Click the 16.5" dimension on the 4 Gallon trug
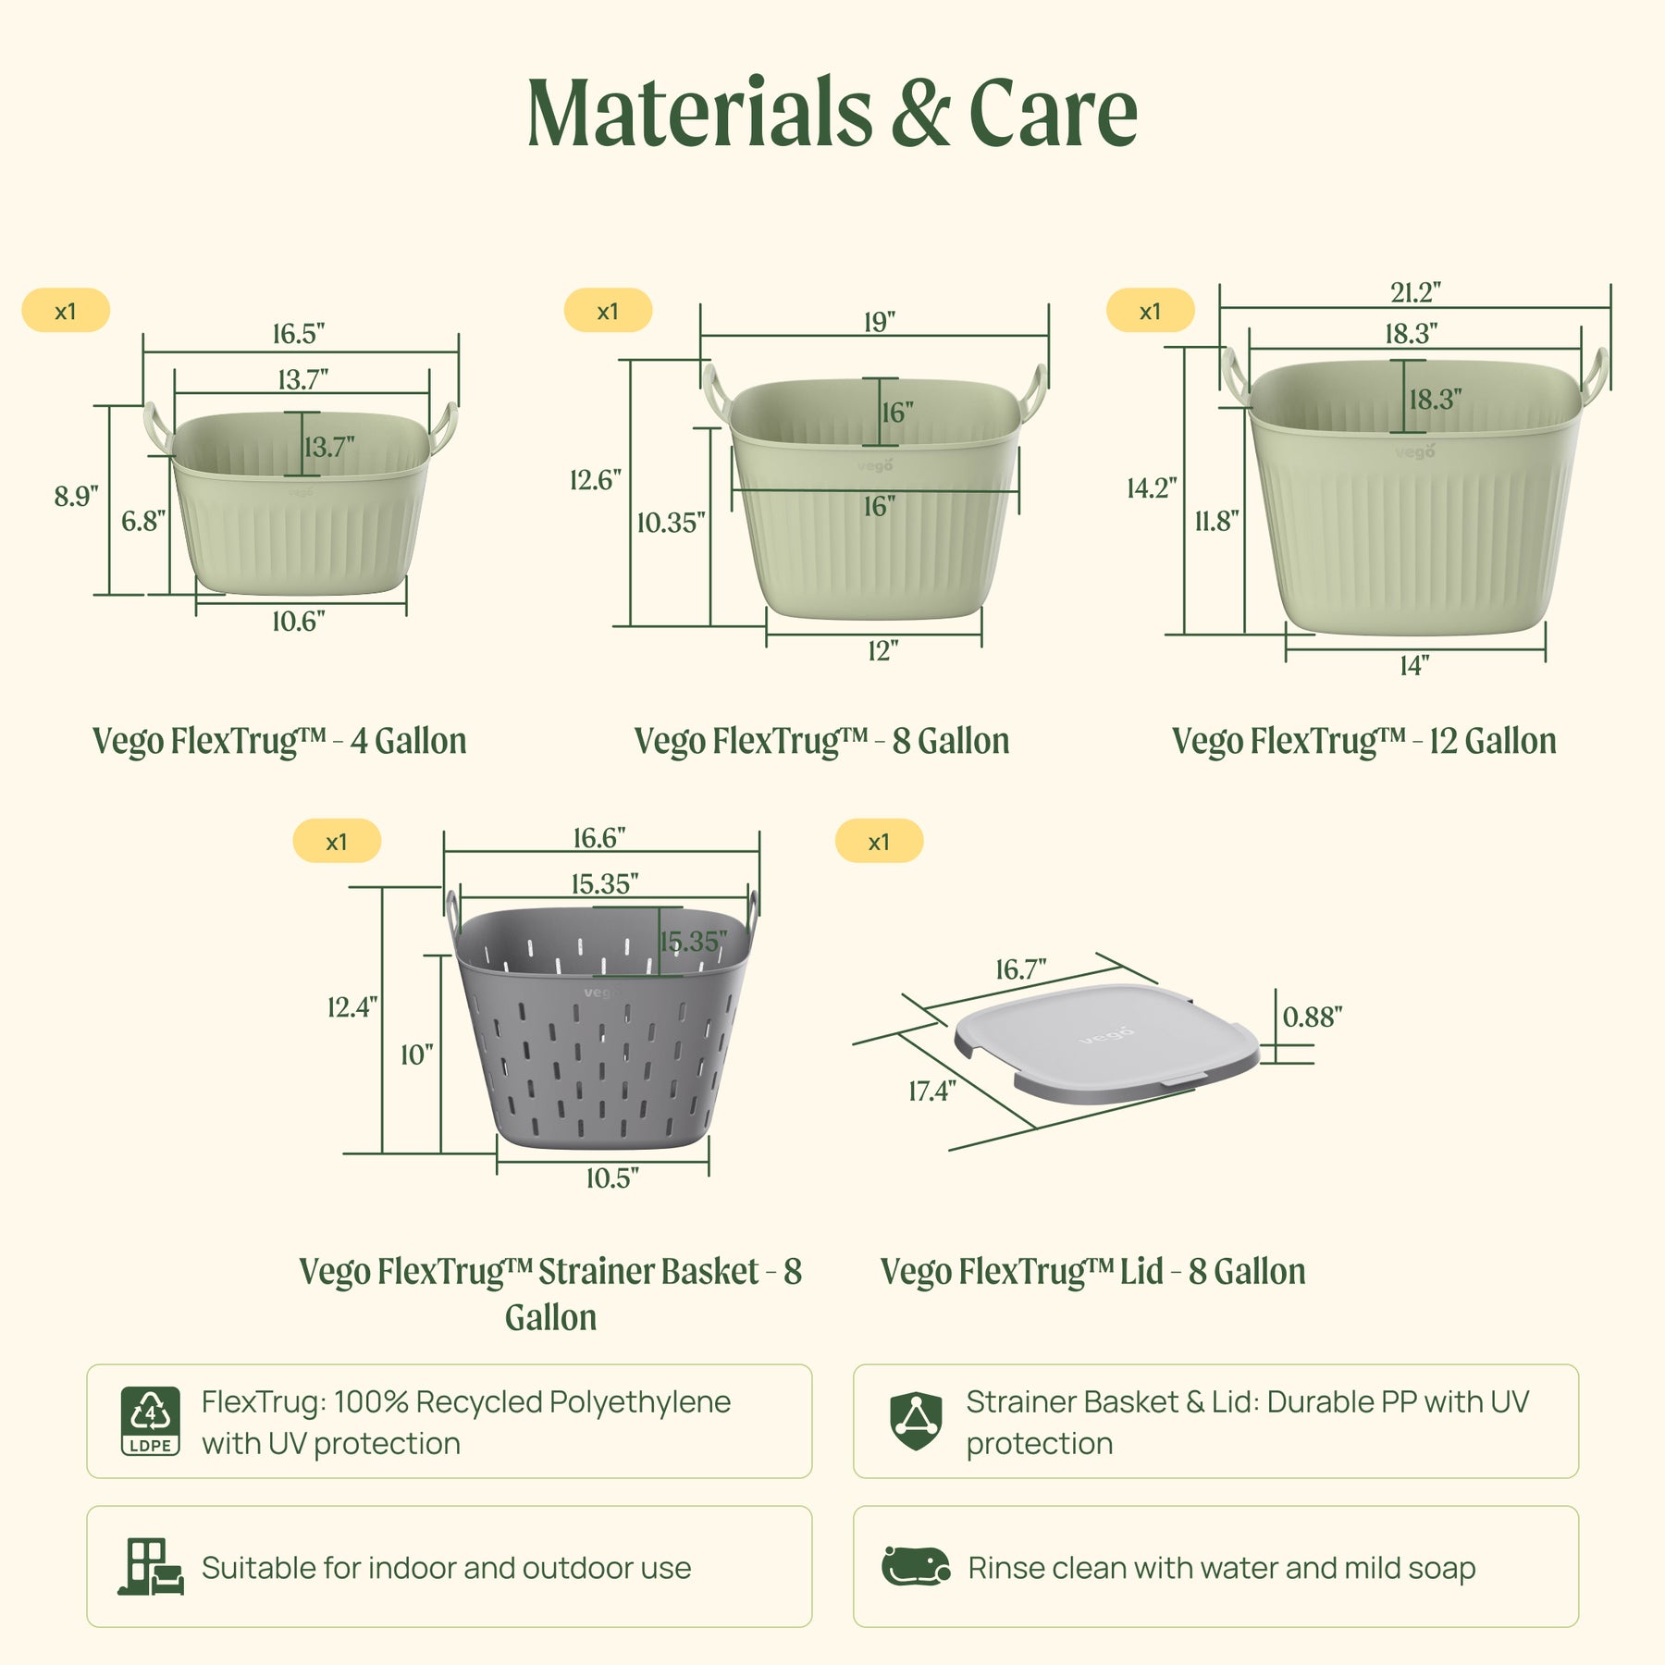298,333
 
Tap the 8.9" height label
76,497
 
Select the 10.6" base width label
298,621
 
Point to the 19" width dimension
880,322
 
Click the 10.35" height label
671,523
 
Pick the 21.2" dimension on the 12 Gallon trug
1415,292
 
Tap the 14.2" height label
1152,487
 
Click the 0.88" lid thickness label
1312,1017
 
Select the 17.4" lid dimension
931,1091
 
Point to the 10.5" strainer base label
612,1178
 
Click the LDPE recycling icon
151,1421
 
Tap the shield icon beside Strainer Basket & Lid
916,1422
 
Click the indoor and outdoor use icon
151,1567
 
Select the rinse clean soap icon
916,1567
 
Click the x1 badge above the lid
879,842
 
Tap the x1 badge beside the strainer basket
337,842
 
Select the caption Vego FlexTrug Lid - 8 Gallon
1092,1271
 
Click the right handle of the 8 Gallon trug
1033,392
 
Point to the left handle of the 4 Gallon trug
157,428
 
